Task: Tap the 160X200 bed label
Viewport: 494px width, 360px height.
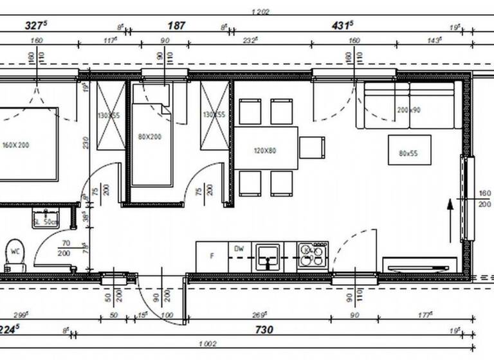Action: (x=15, y=145)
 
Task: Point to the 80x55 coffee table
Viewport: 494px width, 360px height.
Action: (x=408, y=152)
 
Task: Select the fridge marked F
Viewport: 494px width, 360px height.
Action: (x=212, y=256)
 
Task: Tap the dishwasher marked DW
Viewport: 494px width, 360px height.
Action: (x=239, y=249)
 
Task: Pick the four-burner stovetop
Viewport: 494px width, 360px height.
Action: (x=313, y=256)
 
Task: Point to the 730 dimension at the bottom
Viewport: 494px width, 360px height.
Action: (x=264, y=330)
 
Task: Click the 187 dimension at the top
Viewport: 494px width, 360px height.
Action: (x=176, y=26)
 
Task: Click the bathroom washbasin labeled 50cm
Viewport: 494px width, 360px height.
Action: (x=45, y=218)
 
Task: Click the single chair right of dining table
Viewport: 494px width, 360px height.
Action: (x=312, y=148)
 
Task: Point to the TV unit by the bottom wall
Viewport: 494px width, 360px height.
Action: (x=419, y=265)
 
